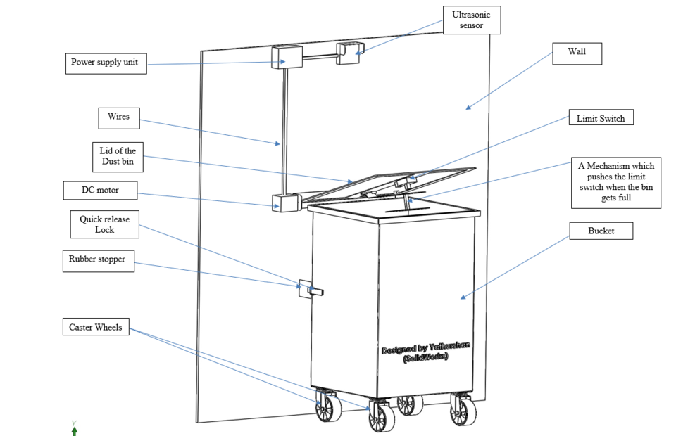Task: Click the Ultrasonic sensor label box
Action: point(472,20)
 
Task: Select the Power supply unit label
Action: point(107,63)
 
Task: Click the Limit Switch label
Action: point(601,118)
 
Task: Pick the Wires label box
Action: point(118,117)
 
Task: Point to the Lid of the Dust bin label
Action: point(118,157)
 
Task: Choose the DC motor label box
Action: point(99,191)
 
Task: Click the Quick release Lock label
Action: point(104,224)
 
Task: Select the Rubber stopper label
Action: point(97,260)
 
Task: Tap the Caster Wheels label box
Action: point(95,327)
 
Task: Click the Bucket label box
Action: point(601,231)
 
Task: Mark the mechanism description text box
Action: point(615,182)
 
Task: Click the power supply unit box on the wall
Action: point(286,57)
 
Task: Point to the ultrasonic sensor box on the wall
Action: point(349,53)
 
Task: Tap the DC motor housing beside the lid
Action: point(285,203)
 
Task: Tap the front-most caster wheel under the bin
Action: point(381,417)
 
